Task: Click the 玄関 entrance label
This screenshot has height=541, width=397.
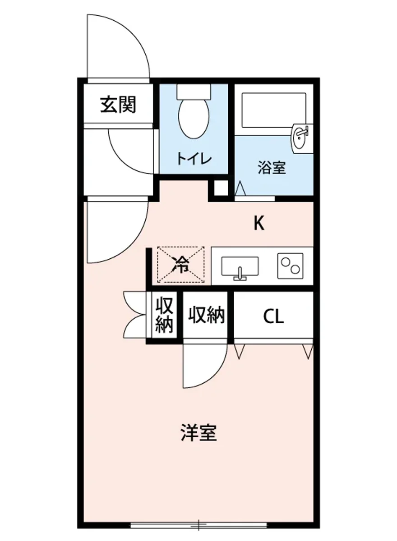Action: pyautogui.click(x=118, y=105)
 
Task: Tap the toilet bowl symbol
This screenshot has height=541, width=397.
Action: pyautogui.click(x=194, y=118)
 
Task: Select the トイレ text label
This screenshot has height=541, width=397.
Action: pyautogui.click(x=194, y=158)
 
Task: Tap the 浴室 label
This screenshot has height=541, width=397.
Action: pyautogui.click(x=272, y=168)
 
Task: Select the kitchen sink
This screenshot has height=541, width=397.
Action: pyautogui.click(x=240, y=267)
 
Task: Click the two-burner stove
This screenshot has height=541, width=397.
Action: pyautogui.click(x=290, y=266)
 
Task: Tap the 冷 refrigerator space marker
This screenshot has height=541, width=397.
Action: pyautogui.click(x=181, y=265)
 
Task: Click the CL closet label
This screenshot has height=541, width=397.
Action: pyautogui.click(x=273, y=317)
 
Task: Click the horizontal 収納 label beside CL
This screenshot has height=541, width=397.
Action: pyautogui.click(x=207, y=315)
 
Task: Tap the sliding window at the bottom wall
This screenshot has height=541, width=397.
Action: pyautogui.click(x=198, y=525)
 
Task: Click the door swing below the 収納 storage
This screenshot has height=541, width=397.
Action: pyautogui.click(x=205, y=365)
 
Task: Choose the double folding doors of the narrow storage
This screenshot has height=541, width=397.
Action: pyautogui.click(x=135, y=315)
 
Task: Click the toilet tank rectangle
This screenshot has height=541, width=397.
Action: pyautogui.click(x=194, y=92)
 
